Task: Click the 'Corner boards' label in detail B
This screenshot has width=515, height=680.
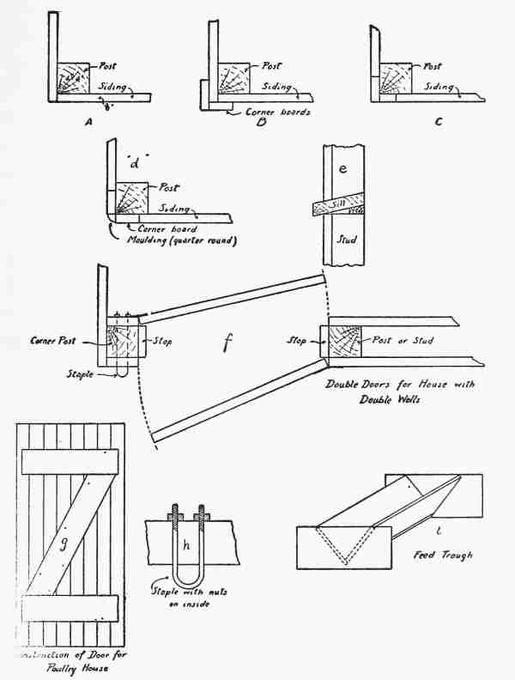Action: tap(270, 111)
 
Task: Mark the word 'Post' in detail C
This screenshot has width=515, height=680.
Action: tap(433, 66)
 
